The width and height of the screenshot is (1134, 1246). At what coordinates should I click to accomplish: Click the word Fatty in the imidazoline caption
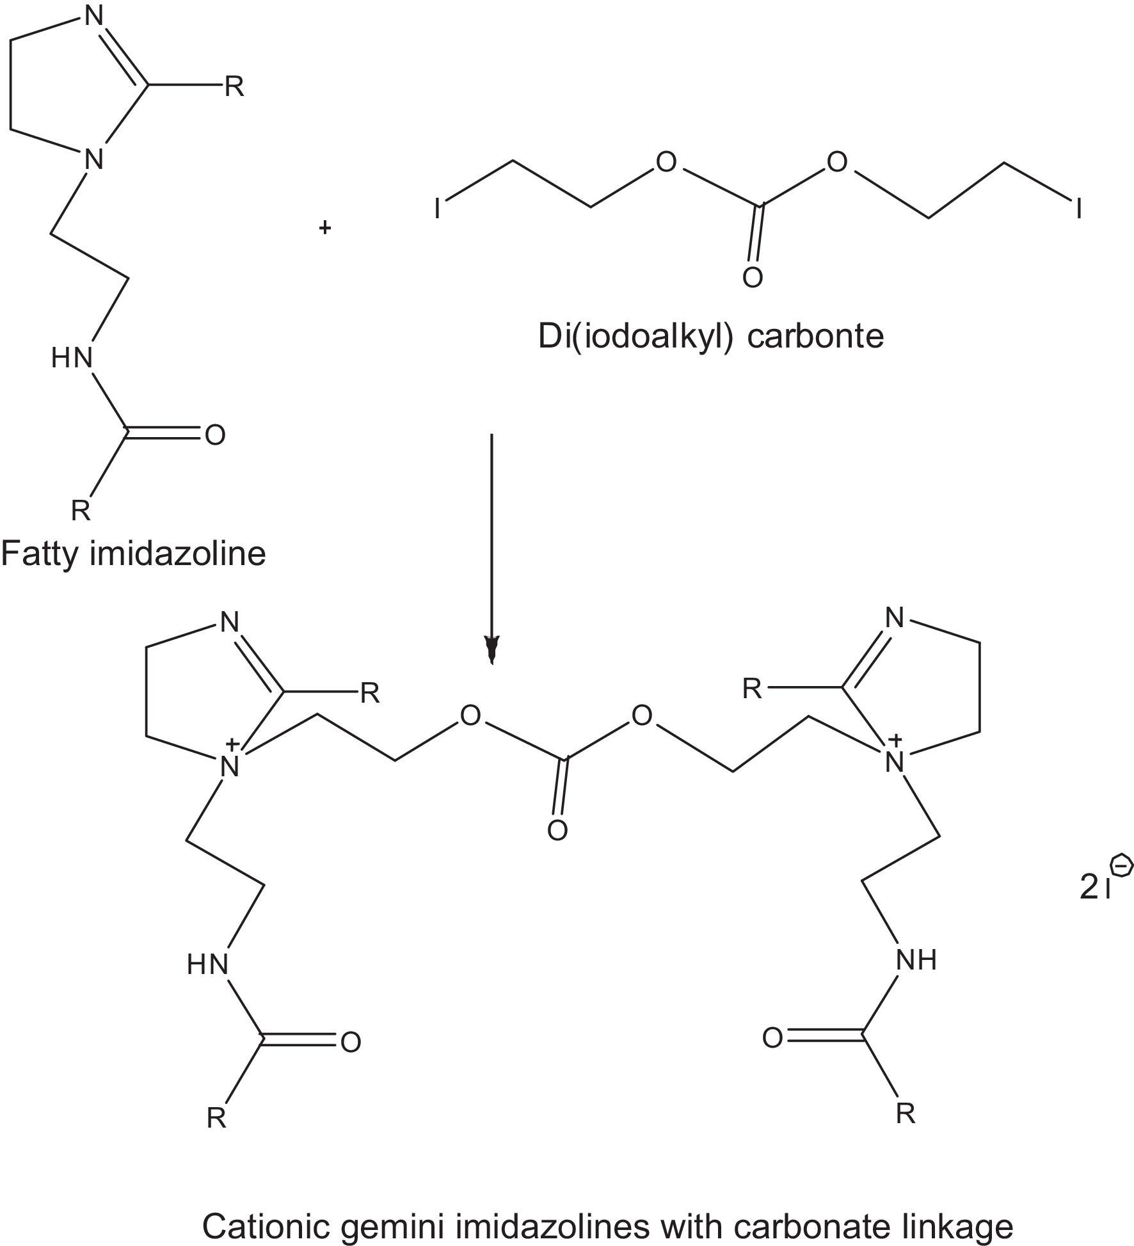(39, 554)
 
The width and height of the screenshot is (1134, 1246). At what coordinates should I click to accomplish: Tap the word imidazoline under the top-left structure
(177, 553)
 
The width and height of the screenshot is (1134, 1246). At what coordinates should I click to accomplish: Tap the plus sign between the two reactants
(325, 227)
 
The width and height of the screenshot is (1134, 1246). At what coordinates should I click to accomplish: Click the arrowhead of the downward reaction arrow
(491, 649)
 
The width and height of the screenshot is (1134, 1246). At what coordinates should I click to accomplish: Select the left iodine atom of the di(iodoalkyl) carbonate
(438, 209)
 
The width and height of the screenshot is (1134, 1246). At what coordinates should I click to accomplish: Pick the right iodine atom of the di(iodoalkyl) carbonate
(1079, 209)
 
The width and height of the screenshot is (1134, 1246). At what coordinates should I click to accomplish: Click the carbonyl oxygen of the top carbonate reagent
(753, 278)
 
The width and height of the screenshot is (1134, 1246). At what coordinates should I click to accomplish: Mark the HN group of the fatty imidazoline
(72, 358)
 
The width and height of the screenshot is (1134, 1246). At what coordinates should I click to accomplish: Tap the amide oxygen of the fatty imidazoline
(215, 435)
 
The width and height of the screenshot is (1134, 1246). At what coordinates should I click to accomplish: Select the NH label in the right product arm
(916, 960)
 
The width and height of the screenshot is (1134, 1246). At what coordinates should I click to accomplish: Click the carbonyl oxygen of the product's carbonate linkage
(557, 831)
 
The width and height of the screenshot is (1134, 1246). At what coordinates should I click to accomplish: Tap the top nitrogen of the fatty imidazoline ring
(94, 17)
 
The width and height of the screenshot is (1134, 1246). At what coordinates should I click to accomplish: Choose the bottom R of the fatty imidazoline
(81, 511)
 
